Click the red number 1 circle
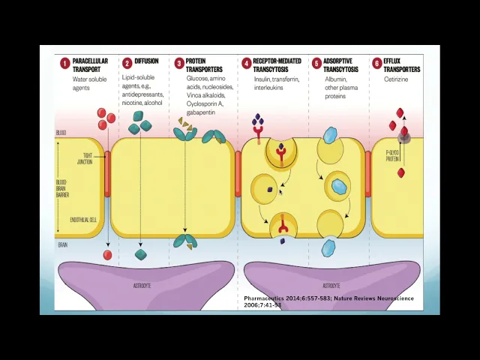[x=65, y=64]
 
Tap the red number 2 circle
[x=127, y=64]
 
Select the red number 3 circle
[x=179, y=64]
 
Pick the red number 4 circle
[x=246, y=64]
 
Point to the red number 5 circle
[x=316, y=64]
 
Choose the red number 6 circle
[x=376, y=64]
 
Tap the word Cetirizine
[x=396, y=79]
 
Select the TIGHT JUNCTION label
[x=85, y=159]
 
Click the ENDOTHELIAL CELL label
[x=82, y=220]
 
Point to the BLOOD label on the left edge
[x=61, y=133]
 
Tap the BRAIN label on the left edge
[x=61, y=245]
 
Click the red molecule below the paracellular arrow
[x=107, y=255]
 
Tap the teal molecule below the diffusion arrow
[x=140, y=255]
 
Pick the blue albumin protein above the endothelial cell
[x=330, y=136]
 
